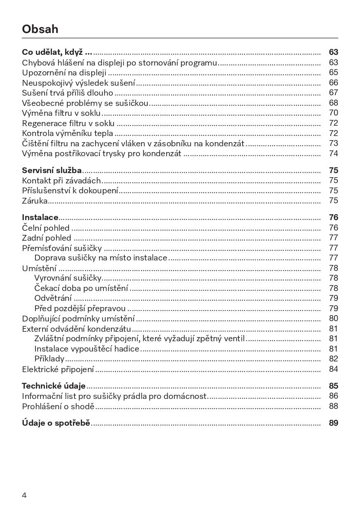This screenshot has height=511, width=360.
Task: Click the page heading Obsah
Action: pyautogui.click(x=40, y=29)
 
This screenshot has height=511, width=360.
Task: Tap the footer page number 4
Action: pyautogui.click(x=24, y=495)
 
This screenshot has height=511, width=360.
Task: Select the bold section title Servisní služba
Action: pyautogui.click(x=51, y=170)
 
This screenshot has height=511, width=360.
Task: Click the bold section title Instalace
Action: pyautogui.click(x=40, y=217)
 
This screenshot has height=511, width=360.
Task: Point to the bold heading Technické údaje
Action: pyautogui.click(x=54, y=386)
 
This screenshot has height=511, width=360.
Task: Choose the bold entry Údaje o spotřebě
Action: pyautogui.click(x=56, y=423)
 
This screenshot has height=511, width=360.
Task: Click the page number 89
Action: pyautogui.click(x=333, y=423)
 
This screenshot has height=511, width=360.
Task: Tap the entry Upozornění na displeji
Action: pyautogui.click(x=64, y=73)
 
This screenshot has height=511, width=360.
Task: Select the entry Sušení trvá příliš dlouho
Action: pyautogui.click(x=67, y=93)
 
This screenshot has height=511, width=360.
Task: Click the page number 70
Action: pyautogui.click(x=333, y=113)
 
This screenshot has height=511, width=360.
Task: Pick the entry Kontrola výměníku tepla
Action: pyautogui.click(x=67, y=133)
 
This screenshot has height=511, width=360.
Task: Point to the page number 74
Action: pyautogui.click(x=333, y=153)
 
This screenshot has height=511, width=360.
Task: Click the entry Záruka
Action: pyautogui.click(x=35, y=201)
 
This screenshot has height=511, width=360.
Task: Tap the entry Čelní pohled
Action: pyautogui.click(x=46, y=227)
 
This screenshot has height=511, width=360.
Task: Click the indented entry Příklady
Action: pyautogui.click(x=49, y=359)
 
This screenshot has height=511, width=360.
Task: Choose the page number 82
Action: pyautogui.click(x=333, y=359)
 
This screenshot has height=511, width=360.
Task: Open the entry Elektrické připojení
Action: pyautogui.click(x=58, y=369)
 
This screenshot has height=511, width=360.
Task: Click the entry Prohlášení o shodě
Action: pyautogui.click(x=58, y=406)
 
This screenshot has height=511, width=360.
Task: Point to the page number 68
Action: pyautogui.click(x=333, y=103)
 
